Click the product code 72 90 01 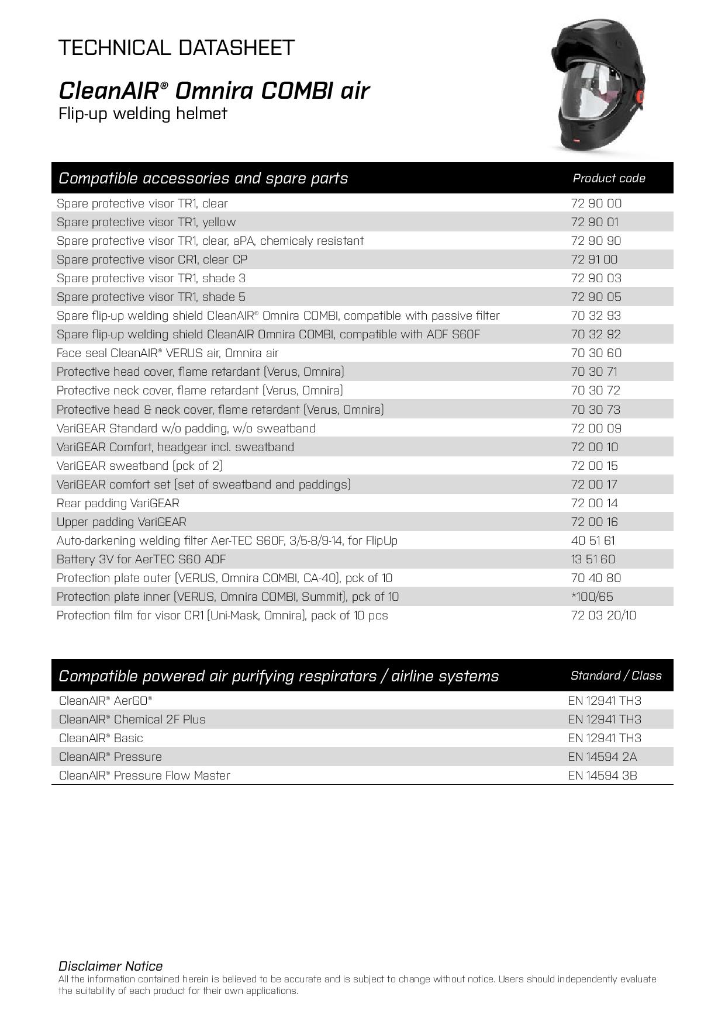point(595,222)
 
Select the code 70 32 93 point(596,316)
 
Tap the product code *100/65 point(592,597)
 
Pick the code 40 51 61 point(593,541)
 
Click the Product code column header point(609,178)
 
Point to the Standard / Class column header point(616,676)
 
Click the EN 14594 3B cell point(602,775)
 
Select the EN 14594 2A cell point(602,757)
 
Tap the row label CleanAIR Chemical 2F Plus point(132,719)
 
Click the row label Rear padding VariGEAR point(118,503)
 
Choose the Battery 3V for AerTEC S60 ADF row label point(141,559)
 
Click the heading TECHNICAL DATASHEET point(176,47)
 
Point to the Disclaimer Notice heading point(110,966)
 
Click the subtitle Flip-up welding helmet point(143,113)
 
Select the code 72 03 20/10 point(603,615)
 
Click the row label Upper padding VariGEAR point(121,522)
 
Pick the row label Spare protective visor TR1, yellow point(146,222)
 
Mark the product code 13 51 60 point(593,559)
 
